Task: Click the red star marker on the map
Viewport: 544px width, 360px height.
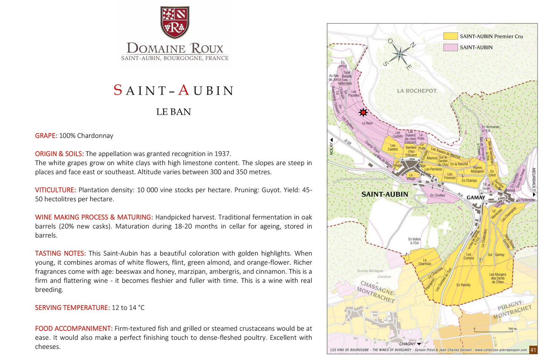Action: pos(363,112)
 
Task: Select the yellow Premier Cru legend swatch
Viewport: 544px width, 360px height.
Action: pos(450,36)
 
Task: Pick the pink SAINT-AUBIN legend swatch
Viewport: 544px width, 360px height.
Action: pos(450,47)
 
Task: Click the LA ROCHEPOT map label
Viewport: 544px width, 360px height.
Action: pos(417,91)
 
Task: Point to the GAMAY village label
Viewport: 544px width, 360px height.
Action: pos(475,197)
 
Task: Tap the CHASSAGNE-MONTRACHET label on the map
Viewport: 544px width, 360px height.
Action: pos(376,292)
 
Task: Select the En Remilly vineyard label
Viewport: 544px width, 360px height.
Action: pos(463,285)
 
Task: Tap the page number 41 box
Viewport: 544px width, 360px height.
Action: pos(533,350)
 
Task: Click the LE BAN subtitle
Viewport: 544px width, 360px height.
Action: pos(174,112)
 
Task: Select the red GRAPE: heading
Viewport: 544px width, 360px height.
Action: pos(46,136)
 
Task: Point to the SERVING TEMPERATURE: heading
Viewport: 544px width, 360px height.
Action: pos(72,308)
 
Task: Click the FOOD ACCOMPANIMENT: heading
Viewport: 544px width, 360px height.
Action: pos(74,328)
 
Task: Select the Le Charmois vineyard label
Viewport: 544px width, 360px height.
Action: pos(424,262)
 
